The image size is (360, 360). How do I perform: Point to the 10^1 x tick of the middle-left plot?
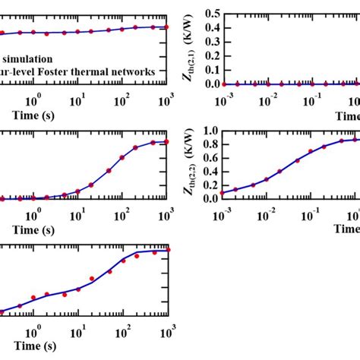click(x=77, y=216)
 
